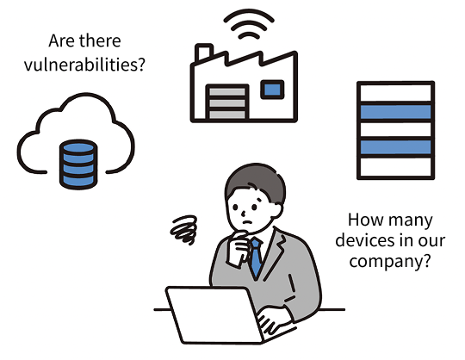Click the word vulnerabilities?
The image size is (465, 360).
(84, 65)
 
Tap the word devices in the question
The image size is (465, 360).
(365, 240)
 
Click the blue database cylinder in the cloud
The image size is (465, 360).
(78, 164)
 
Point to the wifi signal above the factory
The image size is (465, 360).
(249, 24)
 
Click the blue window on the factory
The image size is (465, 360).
(272, 90)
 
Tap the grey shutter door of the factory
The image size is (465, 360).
(227, 102)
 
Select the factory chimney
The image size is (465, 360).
(203, 53)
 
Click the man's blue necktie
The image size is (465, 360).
(256, 258)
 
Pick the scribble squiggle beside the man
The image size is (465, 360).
(184, 230)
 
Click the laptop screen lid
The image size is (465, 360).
(214, 315)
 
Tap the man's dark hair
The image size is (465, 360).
(256, 181)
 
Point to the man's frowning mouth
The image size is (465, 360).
(247, 222)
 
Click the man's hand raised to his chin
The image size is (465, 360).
(238, 249)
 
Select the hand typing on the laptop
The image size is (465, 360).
(271, 321)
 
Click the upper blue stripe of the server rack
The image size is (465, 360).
(395, 112)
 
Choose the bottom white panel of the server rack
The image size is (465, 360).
(395, 167)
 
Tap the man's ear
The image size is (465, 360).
(276, 210)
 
